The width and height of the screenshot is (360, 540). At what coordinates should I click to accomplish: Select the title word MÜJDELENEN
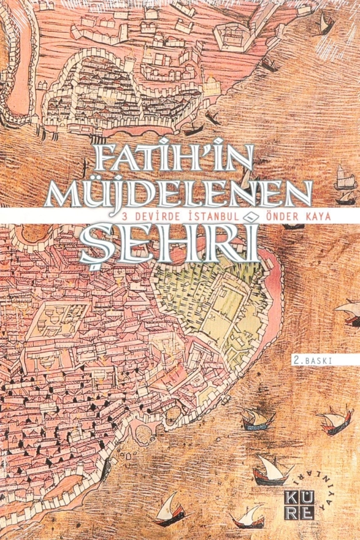click(x=180, y=193)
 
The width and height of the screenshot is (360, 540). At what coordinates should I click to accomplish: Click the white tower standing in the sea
click(x=341, y=175)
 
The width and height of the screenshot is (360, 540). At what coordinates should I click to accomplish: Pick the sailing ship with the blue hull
click(x=256, y=422)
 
